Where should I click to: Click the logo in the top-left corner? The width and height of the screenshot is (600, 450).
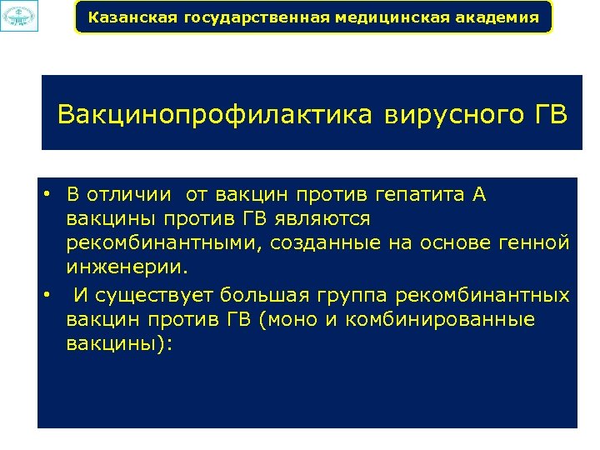click(18, 17)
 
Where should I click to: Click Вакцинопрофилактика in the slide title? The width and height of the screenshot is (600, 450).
click(215, 114)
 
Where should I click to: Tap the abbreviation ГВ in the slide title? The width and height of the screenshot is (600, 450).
click(547, 114)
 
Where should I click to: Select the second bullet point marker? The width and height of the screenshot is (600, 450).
click(49, 295)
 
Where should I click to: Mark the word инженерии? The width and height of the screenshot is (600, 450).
click(128, 268)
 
